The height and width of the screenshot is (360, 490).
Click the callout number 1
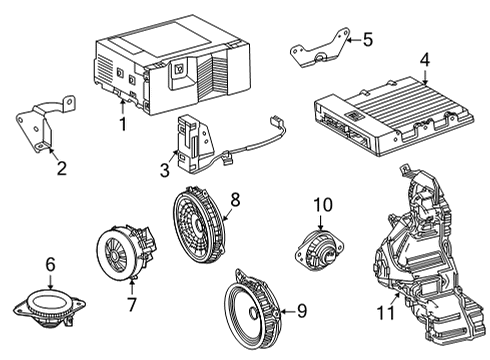click(123, 125)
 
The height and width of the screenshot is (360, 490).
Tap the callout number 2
click(61, 168)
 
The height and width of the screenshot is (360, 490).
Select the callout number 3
click(164, 171)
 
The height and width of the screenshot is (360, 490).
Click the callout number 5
click(367, 40)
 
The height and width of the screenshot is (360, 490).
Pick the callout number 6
click(50, 264)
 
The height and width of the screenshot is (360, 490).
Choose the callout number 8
click(236, 200)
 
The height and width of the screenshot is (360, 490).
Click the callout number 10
click(322, 205)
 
